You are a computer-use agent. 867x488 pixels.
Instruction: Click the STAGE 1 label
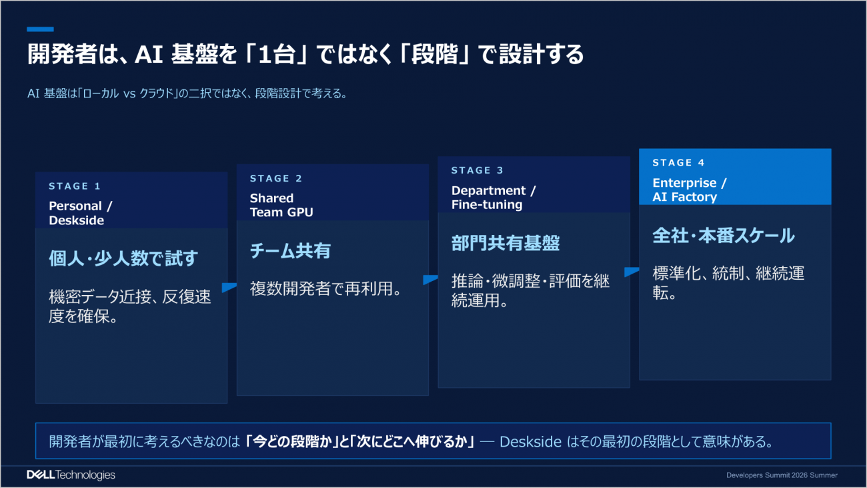pyautogui.click(x=75, y=186)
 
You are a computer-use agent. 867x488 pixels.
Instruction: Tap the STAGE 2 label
pyautogui.click(x=276, y=178)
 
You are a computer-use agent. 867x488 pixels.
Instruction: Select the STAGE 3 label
pyautogui.click(x=478, y=170)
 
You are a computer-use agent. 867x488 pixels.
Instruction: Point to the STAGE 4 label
pyautogui.click(x=678, y=163)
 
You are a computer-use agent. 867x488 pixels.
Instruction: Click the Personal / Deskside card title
pyautogui.click(x=81, y=213)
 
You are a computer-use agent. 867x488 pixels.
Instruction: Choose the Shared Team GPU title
pyautogui.click(x=281, y=205)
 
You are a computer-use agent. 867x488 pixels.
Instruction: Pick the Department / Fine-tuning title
pyautogui.click(x=494, y=198)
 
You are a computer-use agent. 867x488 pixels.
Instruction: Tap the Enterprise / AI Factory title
pyautogui.click(x=690, y=190)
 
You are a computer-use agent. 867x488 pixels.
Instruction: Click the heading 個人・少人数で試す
pyautogui.click(x=123, y=258)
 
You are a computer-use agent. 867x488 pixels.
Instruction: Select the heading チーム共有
pyautogui.click(x=290, y=250)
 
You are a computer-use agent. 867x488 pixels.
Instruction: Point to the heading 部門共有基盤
pyautogui.click(x=506, y=243)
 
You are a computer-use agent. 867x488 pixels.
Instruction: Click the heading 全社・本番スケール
pyautogui.click(x=724, y=236)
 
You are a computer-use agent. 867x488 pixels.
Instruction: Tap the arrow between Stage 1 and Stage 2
pyautogui.click(x=229, y=287)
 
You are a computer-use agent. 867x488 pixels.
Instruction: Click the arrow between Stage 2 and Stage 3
pyautogui.click(x=430, y=280)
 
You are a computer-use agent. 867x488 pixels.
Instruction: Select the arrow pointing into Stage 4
pyautogui.click(x=632, y=272)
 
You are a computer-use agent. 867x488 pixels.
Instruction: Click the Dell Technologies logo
pyautogui.click(x=71, y=475)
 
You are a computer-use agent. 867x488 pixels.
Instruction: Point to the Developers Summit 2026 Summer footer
pyautogui.click(x=782, y=475)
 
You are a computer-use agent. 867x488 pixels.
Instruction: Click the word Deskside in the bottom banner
pyautogui.click(x=530, y=442)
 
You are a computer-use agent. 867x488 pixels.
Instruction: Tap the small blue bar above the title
pyautogui.click(x=40, y=29)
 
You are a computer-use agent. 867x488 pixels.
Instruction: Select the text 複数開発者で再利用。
pyautogui.click(x=326, y=289)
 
